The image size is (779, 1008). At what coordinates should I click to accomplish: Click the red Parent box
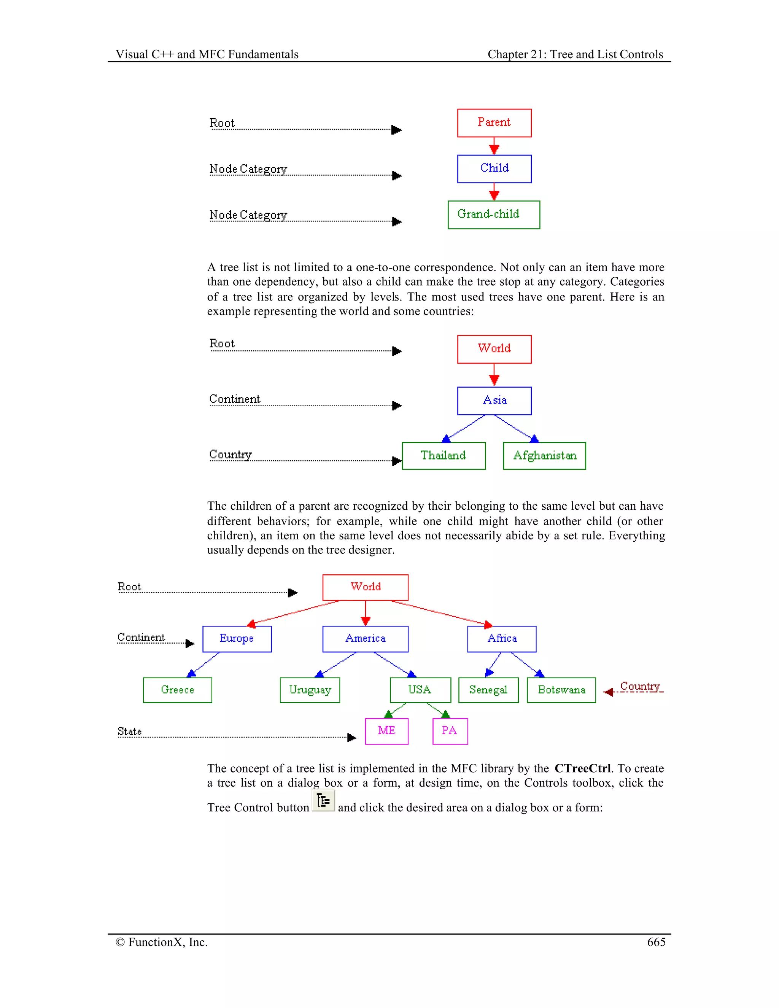point(494,123)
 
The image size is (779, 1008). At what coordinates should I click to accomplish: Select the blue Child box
point(494,169)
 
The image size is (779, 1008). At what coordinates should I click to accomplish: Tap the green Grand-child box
point(493,215)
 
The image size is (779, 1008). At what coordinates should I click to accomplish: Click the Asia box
point(494,401)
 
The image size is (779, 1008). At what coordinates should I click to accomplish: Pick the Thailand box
point(443,456)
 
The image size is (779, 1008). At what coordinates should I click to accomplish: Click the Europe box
point(237,639)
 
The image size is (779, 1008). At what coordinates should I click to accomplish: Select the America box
point(365,639)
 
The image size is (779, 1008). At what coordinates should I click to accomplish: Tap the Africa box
point(502,639)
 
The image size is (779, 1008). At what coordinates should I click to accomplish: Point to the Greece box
point(177,690)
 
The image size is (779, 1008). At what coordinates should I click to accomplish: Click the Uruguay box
point(310,690)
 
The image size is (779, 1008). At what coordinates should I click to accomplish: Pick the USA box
point(420,690)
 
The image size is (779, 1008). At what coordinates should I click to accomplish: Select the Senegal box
point(488,690)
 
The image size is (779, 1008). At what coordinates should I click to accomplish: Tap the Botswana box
point(561,690)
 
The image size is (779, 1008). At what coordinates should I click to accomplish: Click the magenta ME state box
point(386,731)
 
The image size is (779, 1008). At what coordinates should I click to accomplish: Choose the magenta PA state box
point(450,731)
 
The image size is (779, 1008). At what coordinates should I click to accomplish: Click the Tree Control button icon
point(323,800)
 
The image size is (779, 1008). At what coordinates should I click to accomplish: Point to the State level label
point(129,731)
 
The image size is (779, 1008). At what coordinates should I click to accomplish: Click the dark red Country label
point(640,686)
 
